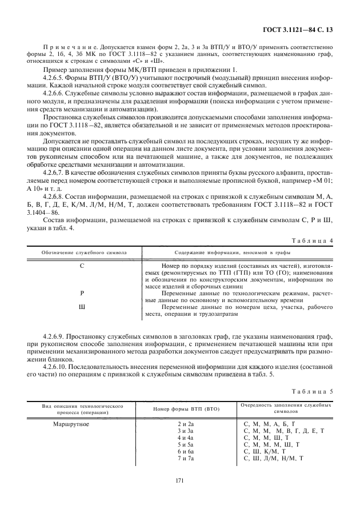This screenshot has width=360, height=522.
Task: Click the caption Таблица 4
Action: tap(311, 240)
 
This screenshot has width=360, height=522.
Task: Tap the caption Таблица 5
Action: tap(311, 392)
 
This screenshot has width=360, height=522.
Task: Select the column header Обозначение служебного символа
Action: tap(83, 252)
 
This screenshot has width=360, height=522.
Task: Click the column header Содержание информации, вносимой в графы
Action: tap(232, 252)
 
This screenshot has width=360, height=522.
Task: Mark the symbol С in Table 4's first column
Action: tap(83, 266)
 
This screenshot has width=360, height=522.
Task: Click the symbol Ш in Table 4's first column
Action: tap(83, 307)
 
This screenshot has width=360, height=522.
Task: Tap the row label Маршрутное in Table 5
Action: tap(71, 424)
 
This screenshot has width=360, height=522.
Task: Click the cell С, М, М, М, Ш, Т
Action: tap(271, 445)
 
